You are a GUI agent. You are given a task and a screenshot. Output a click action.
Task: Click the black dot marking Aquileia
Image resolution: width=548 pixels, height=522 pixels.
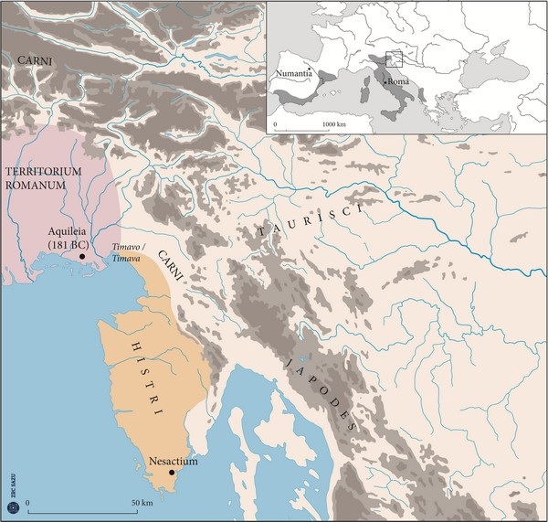coord(82,257)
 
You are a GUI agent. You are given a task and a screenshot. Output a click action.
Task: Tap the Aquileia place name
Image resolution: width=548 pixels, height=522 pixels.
coord(71,234)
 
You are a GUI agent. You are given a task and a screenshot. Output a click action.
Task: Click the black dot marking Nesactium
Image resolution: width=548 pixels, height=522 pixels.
coord(172,473)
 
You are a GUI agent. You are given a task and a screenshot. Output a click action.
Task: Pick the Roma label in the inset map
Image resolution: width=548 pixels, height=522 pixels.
coord(398,81)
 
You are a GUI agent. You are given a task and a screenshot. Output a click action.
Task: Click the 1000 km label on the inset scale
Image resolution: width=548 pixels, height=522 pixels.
coord(332,122)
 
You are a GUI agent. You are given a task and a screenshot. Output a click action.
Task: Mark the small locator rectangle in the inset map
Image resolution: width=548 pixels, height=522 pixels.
coord(394,59)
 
